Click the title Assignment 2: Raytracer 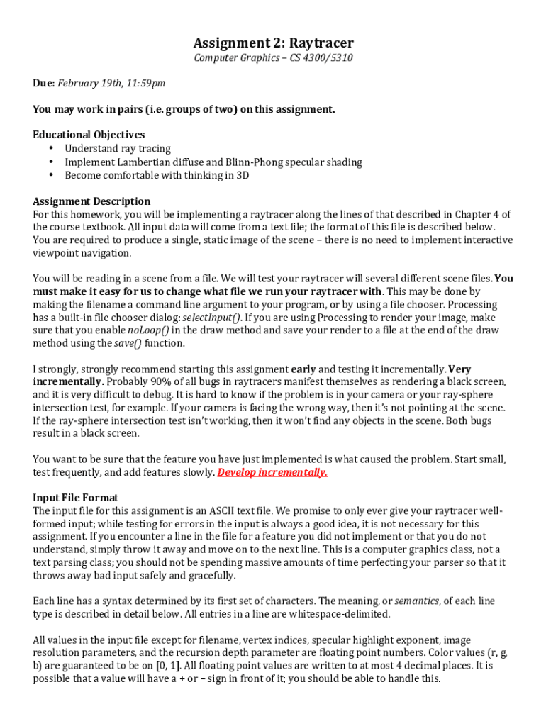[x=273, y=43]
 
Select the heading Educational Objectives [x=89, y=135]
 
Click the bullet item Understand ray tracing [x=118, y=148]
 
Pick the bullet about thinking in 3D [x=157, y=175]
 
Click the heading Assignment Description [x=91, y=201]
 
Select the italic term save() [x=128, y=343]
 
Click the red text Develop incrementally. [x=272, y=472]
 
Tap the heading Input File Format [x=75, y=498]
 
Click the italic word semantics [x=416, y=601]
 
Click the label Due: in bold [x=44, y=84]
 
